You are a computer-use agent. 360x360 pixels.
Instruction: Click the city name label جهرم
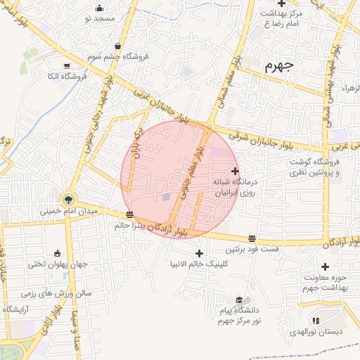click(x=279, y=67)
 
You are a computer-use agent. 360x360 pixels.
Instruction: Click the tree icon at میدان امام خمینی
click(x=68, y=198)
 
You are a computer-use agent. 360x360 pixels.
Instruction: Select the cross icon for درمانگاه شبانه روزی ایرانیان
click(x=235, y=170)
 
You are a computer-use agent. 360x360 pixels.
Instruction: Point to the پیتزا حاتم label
click(x=131, y=226)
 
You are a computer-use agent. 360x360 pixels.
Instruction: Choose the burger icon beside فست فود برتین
click(x=252, y=238)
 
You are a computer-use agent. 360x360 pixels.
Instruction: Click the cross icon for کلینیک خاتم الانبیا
click(x=200, y=253)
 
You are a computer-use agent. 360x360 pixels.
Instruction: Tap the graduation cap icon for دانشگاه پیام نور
click(x=239, y=300)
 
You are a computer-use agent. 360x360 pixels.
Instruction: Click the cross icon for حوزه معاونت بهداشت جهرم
click(x=325, y=266)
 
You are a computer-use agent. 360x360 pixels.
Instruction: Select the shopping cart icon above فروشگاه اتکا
click(x=67, y=65)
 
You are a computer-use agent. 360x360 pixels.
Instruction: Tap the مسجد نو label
click(x=99, y=18)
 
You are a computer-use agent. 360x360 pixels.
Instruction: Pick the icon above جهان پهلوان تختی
click(x=57, y=253)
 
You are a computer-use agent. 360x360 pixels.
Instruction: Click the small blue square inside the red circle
click(x=166, y=197)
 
